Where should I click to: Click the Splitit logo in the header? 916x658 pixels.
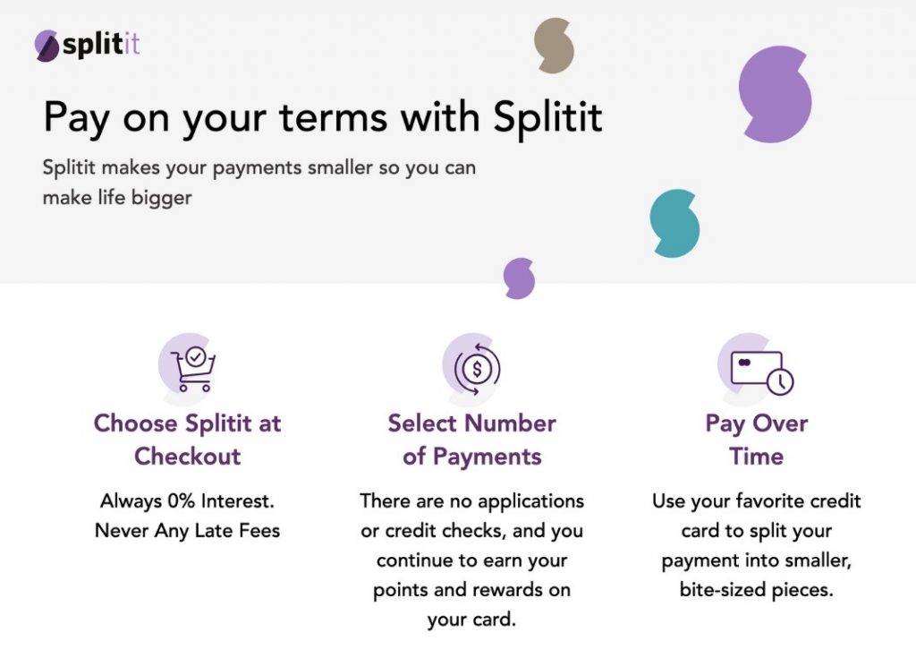click(87, 45)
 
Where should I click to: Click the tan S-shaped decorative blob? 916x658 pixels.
click(553, 45)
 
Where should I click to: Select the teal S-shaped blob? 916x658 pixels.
click(674, 224)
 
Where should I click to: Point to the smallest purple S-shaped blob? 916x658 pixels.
click(519, 278)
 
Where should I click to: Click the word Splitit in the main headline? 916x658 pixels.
click(547, 117)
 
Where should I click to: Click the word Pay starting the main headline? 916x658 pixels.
click(77, 119)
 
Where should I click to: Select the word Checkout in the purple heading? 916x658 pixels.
click(188, 456)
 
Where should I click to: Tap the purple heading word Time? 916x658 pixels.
click(756, 456)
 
